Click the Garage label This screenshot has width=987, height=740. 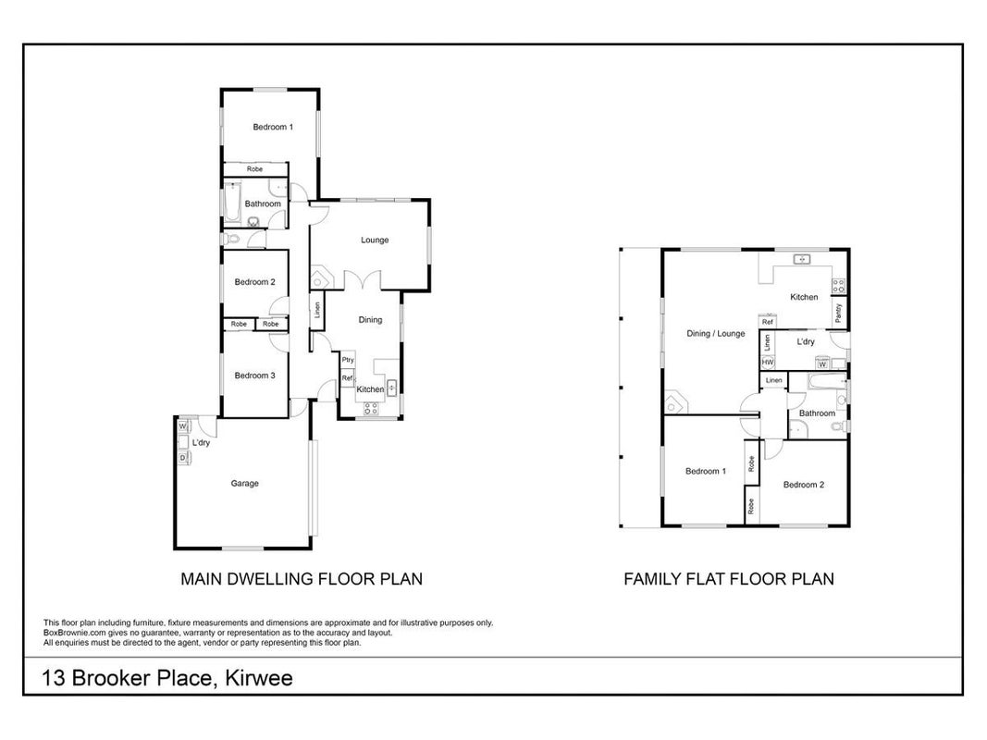(244, 483)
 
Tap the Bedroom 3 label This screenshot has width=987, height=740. (255, 376)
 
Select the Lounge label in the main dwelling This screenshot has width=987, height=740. (375, 240)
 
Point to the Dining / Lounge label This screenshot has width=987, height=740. (716, 334)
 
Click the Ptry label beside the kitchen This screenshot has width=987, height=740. (348, 360)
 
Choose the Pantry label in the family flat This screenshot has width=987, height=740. (838, 314)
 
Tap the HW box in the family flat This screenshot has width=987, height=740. (768, 363)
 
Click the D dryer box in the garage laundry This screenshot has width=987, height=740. (183, 458)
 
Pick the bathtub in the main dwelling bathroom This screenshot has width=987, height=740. (232, 203)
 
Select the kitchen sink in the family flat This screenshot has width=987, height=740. (801, 259)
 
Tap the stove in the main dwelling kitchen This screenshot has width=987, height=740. (371, 409)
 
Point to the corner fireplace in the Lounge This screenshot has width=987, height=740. (320, 277)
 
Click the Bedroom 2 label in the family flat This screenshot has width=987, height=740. (804, 485)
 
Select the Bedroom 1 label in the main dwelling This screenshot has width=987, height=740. (273, 127)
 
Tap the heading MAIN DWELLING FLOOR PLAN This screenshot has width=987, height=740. (302, 579)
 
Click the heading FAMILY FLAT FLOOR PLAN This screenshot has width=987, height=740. (729, 579)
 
